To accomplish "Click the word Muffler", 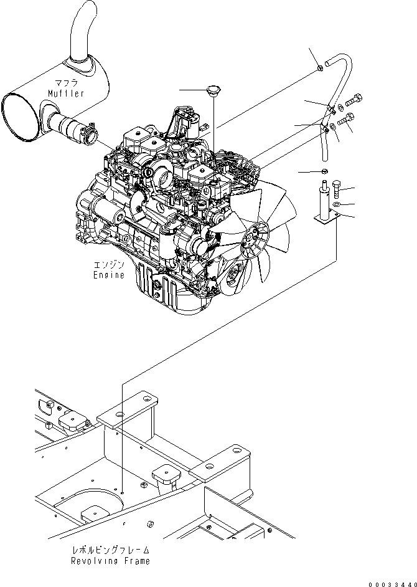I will pyautogui.click(x=65, y=93).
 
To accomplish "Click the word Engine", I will pyautogui.click(x=108, y=275).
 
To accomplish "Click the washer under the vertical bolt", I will pyautogui.click(x=336, y=204).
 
